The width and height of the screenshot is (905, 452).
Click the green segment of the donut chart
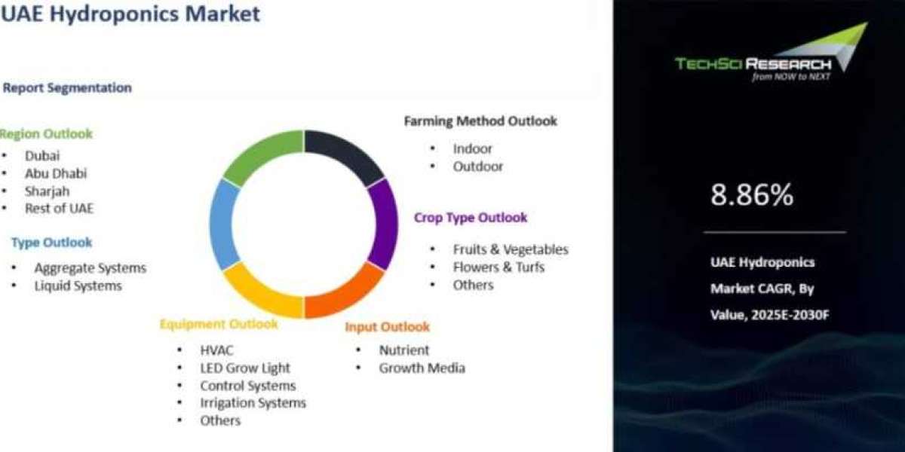click(261, 155)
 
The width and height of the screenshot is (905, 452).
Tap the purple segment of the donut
click(384, 224)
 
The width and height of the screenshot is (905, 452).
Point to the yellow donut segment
click(261, 292)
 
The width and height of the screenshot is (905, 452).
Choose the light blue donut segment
click(223, 224)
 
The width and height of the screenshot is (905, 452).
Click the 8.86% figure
click(752, 195)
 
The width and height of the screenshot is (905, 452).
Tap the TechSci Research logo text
click(753, 64)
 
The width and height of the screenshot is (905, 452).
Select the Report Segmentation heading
click(67, 88)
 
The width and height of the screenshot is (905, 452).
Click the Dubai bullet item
click(42, 156)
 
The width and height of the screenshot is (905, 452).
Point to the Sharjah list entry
click(47, 191)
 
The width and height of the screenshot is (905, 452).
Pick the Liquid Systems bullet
click(78, 286)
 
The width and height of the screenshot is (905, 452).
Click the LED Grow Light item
click(245, 368)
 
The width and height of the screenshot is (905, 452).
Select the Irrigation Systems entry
click(253, 403)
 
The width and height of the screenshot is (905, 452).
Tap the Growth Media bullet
click(422, 368)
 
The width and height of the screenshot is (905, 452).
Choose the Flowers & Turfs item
click(499, 267)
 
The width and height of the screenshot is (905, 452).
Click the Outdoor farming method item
click(478, 166)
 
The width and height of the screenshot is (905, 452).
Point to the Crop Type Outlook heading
click(471, 218)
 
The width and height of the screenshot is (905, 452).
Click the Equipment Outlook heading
click(219, 324)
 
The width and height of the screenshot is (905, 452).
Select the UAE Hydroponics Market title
click(130, 14)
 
